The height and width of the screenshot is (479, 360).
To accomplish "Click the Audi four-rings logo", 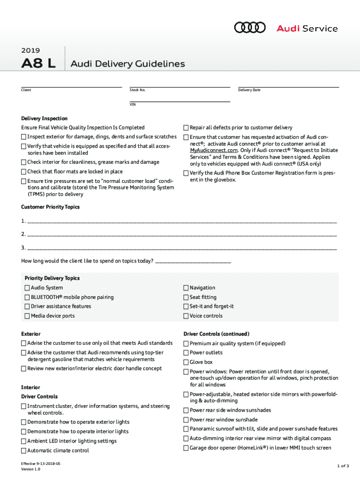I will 250,28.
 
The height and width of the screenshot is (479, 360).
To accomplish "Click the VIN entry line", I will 180,101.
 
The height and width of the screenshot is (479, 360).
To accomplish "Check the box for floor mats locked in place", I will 24,172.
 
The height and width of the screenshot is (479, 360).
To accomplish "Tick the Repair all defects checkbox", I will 186,128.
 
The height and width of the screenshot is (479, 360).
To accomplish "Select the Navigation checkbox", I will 186,288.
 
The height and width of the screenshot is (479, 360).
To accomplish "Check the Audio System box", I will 27,288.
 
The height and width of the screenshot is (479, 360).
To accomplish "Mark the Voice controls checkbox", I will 186,316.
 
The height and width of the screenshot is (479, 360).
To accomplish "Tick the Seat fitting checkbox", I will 186,297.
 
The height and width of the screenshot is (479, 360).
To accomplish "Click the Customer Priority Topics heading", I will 50,207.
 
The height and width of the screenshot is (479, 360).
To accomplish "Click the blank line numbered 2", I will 181,234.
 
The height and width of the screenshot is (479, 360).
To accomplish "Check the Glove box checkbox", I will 186,362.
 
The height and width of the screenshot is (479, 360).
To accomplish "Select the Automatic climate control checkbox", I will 24,450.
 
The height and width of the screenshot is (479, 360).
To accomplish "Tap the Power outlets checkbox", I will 186,353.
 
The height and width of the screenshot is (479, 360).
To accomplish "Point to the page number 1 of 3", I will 342,465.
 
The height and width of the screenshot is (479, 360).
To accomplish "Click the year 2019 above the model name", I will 30,51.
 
